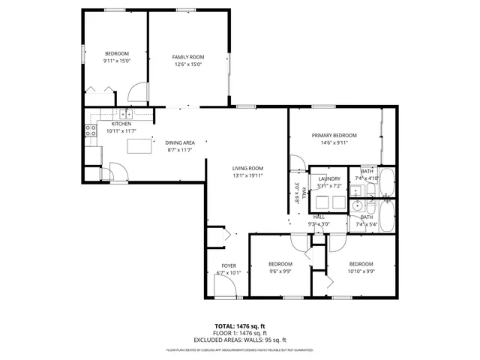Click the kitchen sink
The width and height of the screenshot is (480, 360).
click(x=126, y=114)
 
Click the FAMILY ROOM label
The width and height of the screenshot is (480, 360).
click(x=188, y=57)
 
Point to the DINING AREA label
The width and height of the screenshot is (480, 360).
click(x=180, y=142)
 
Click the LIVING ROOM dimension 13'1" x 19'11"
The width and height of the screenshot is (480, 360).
click(x=247, y=175)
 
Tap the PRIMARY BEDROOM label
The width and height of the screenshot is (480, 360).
click(x=334, y=135)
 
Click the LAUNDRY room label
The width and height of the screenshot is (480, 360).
click(x=328, y=178)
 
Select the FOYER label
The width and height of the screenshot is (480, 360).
click(x=228, y=265)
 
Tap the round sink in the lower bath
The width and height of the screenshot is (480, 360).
click(x=358, y=205)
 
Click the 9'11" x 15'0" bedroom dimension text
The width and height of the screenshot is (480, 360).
click(x=116, y=61)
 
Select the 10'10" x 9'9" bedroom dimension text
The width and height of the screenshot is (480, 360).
click(x=361, y=271)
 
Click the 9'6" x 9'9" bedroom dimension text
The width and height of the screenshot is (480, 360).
click(x=280, y=271)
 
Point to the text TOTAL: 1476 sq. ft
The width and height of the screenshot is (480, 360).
click(x=240, y=326)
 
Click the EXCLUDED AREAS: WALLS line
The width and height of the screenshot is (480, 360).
click(x=240, y=340)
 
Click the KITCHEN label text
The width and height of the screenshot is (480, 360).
click(x=121, y=124)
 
